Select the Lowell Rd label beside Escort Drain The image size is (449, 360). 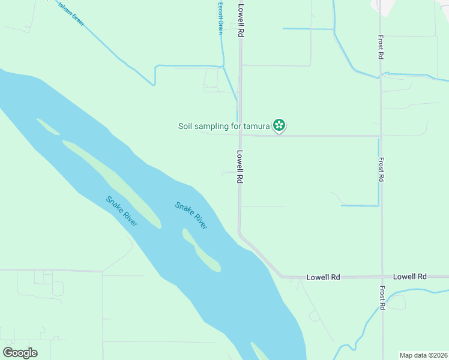(241, 21)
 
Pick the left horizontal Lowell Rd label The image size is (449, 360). (323, 277)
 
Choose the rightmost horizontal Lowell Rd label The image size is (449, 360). (409, 277)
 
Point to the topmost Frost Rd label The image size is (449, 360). (381, 46)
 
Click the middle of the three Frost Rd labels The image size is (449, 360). (381, 170)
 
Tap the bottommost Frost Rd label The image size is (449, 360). (382, 298)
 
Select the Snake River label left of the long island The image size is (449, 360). (122, 211)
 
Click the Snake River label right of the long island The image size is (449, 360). (191, 215)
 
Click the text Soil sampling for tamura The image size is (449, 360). (224, 126)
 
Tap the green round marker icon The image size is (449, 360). (279, 125)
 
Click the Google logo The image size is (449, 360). (20, 353)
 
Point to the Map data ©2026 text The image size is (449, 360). (423, 355)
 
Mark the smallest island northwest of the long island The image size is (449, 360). (47, 127)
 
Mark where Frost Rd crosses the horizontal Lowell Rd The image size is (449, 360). (382, 277)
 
